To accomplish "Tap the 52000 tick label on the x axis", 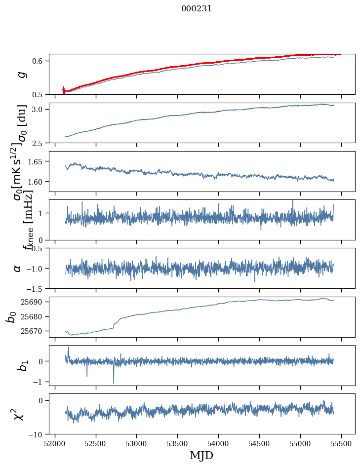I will [55, 443].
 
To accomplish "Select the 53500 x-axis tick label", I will [178, 443].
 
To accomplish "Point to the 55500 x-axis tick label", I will [342, 443].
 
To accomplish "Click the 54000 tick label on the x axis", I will [219, 443].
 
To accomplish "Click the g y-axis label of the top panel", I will [21, 75].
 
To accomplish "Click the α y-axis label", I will [17, 268].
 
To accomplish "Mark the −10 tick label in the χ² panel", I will [38, 434].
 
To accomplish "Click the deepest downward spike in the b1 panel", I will [114, 383].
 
